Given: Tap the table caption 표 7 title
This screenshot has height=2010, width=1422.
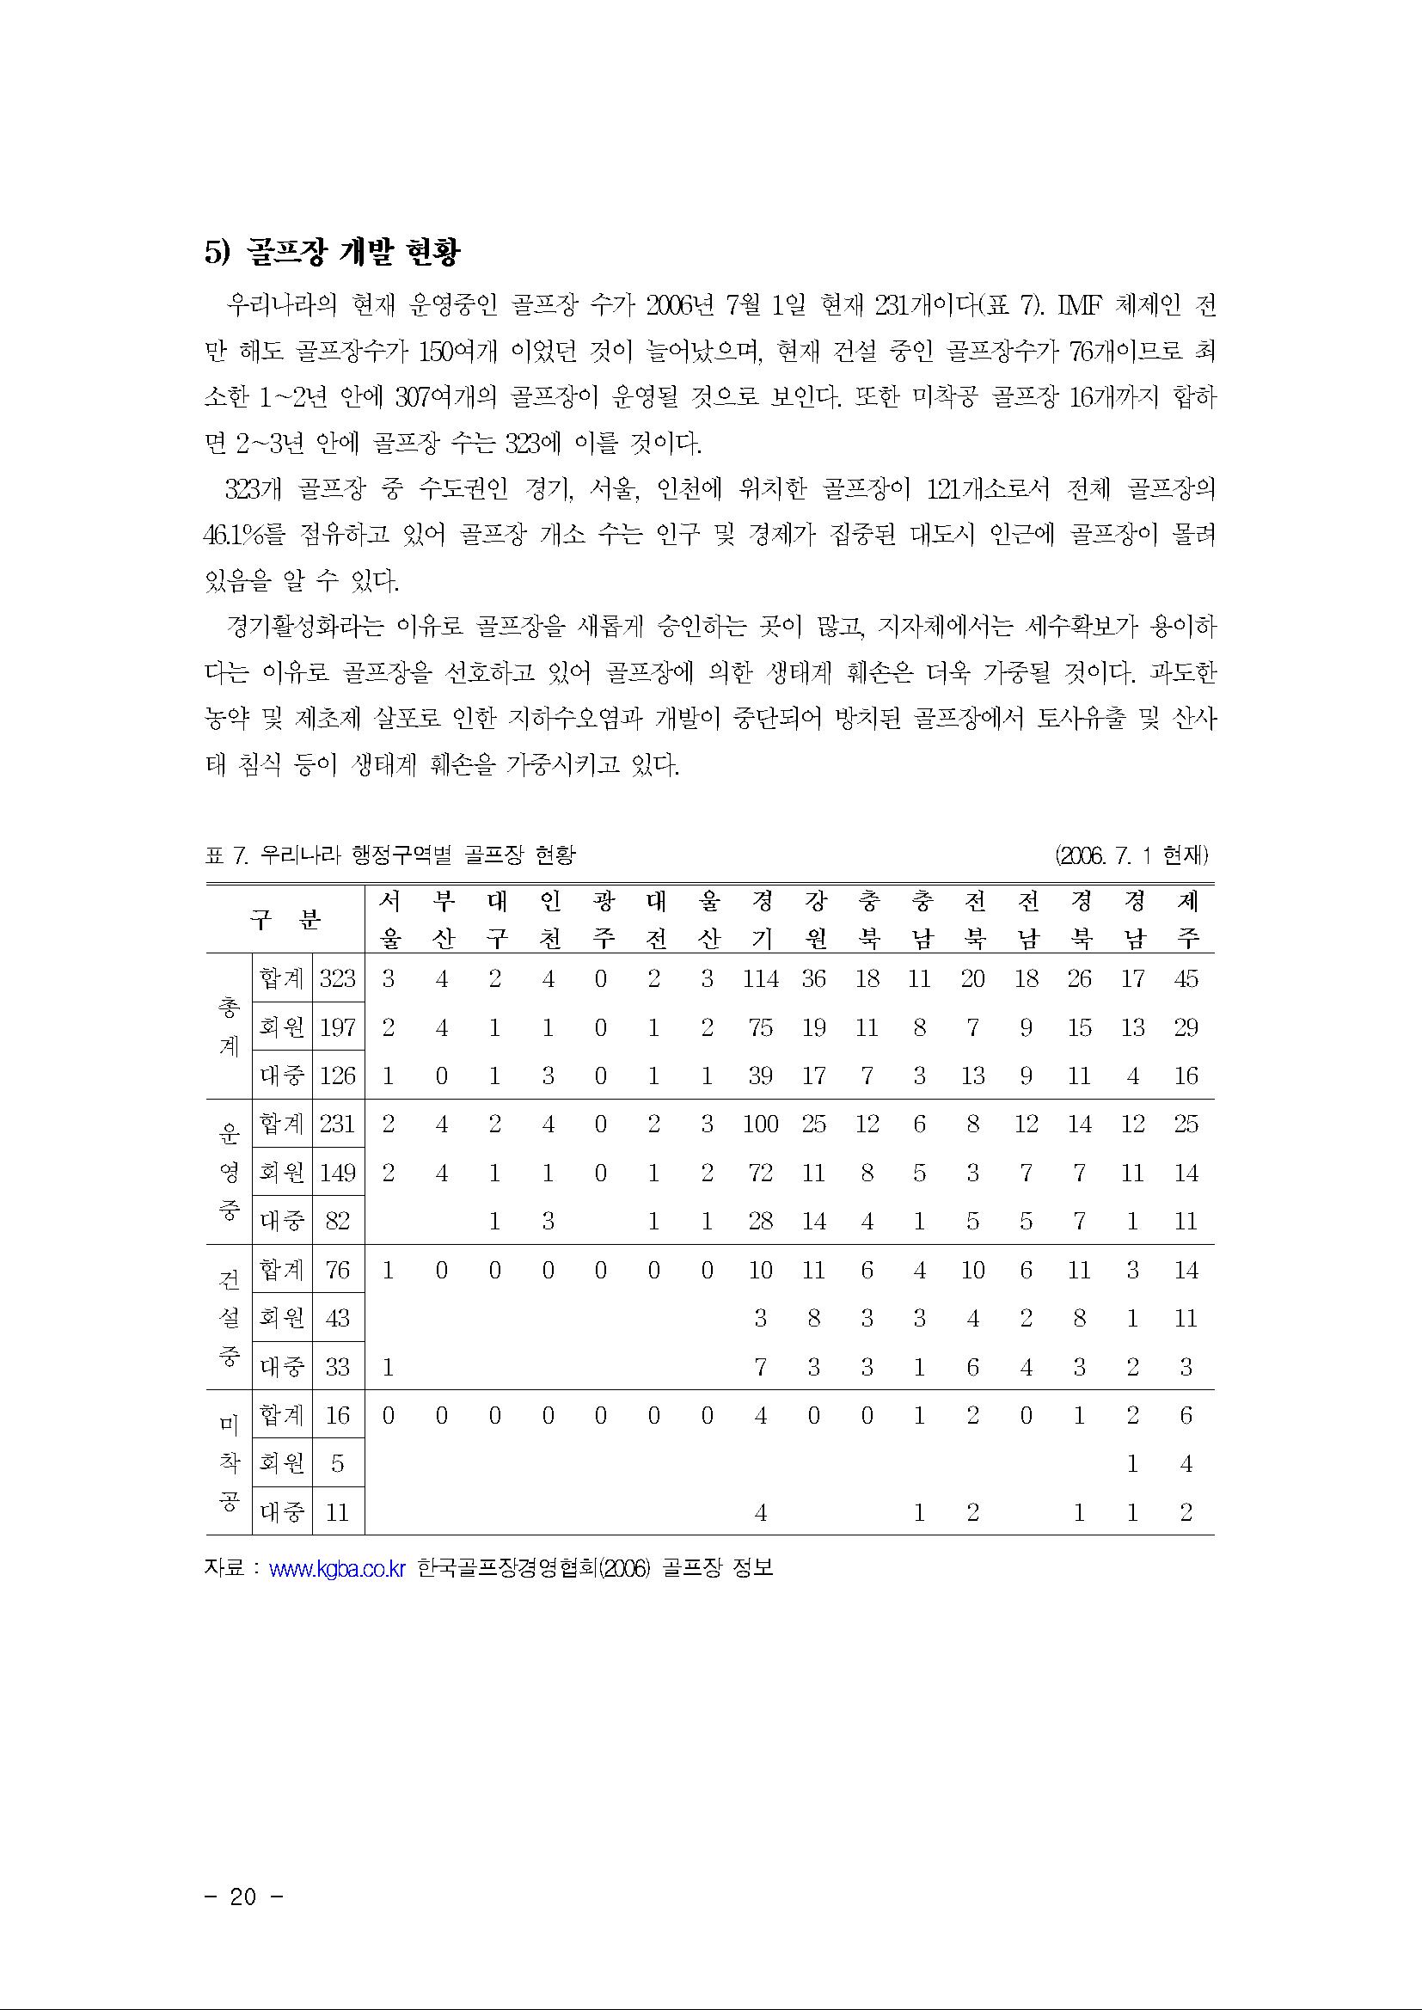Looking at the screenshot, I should click(390, 855).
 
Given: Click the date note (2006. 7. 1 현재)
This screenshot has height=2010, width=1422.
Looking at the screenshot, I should click(1132, 855).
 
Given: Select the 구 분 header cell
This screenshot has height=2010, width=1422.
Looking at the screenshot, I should click(285, 919).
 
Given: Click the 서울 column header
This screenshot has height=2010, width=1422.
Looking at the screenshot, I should click(388, 919).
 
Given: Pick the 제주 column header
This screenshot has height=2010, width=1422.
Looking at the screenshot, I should click(1186, 919).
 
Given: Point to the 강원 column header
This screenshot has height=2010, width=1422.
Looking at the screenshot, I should click(813, 919).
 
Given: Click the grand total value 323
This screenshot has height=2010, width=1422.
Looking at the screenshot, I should click(337, 978).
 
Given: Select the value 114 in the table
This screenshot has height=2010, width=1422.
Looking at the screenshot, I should click(760, 978).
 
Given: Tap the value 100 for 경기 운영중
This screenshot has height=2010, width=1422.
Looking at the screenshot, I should click(760, 1124).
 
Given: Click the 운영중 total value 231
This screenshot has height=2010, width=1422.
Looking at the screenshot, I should click(337, 1124).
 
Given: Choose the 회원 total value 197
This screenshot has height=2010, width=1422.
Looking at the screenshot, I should click(337, 1027).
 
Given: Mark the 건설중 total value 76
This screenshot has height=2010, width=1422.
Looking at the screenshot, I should click(337, 1270).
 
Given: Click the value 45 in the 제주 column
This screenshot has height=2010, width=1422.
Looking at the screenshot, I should click(1186, 978).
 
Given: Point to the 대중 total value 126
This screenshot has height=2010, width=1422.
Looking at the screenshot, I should click(337, 1075).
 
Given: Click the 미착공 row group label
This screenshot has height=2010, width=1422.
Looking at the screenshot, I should click(228, 1463).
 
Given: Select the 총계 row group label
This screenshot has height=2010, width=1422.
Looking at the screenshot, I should click(228, 1026).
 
